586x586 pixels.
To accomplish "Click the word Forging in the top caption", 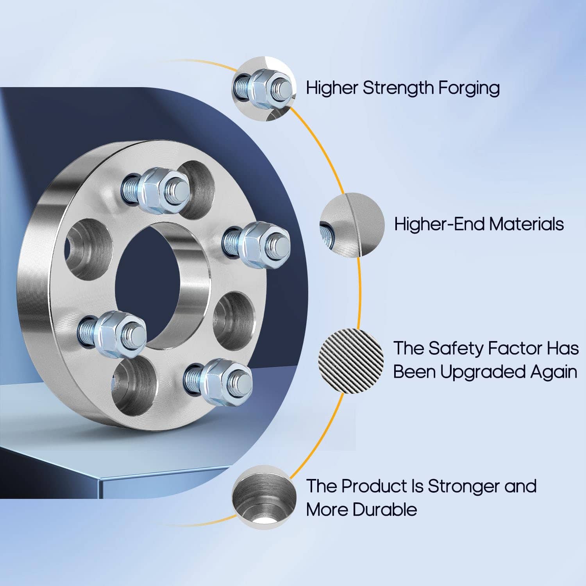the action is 468,88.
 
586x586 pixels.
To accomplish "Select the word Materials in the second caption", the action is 527,224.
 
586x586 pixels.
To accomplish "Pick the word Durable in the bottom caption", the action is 384,510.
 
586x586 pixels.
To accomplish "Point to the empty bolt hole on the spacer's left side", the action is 88,249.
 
